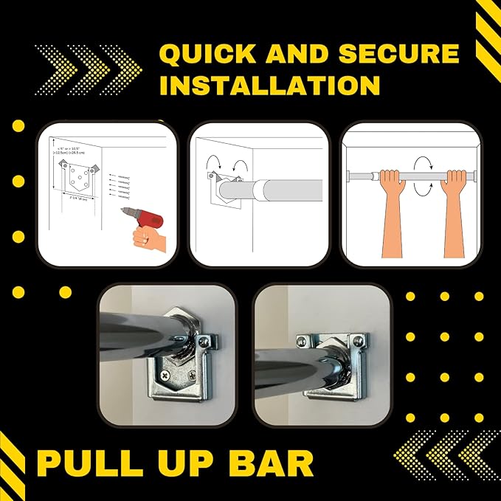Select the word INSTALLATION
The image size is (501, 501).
269,85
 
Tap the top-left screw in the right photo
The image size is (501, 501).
303,340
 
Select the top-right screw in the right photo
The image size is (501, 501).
358,340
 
